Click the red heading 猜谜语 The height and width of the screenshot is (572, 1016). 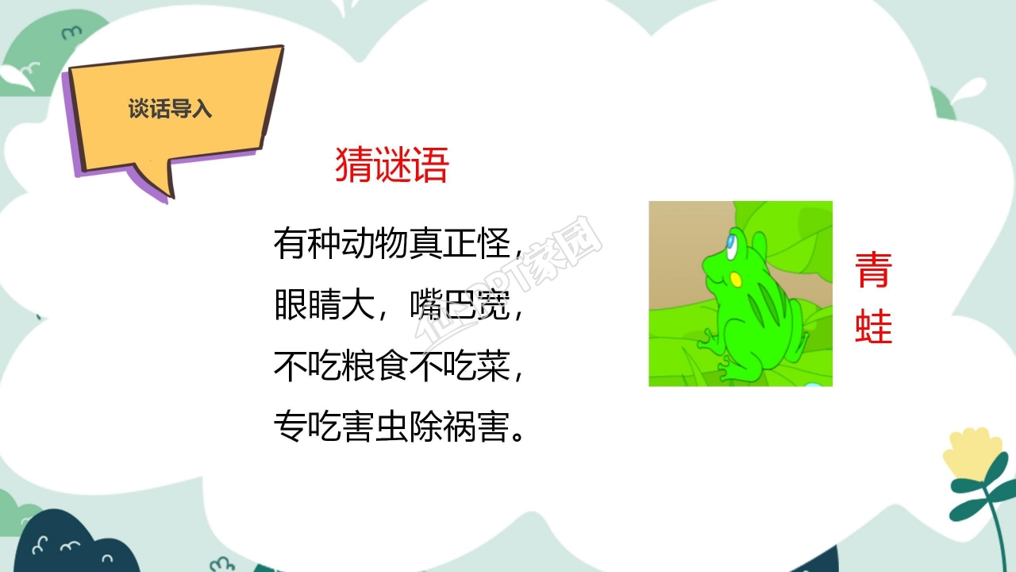(392, 165)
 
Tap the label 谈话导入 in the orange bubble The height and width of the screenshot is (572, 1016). (171, 109)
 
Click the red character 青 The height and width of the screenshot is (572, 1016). (874, 271)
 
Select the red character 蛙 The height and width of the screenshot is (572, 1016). (874, 326)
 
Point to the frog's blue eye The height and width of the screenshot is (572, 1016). (730, 240)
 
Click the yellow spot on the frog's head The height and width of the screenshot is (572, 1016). (736, 280)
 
